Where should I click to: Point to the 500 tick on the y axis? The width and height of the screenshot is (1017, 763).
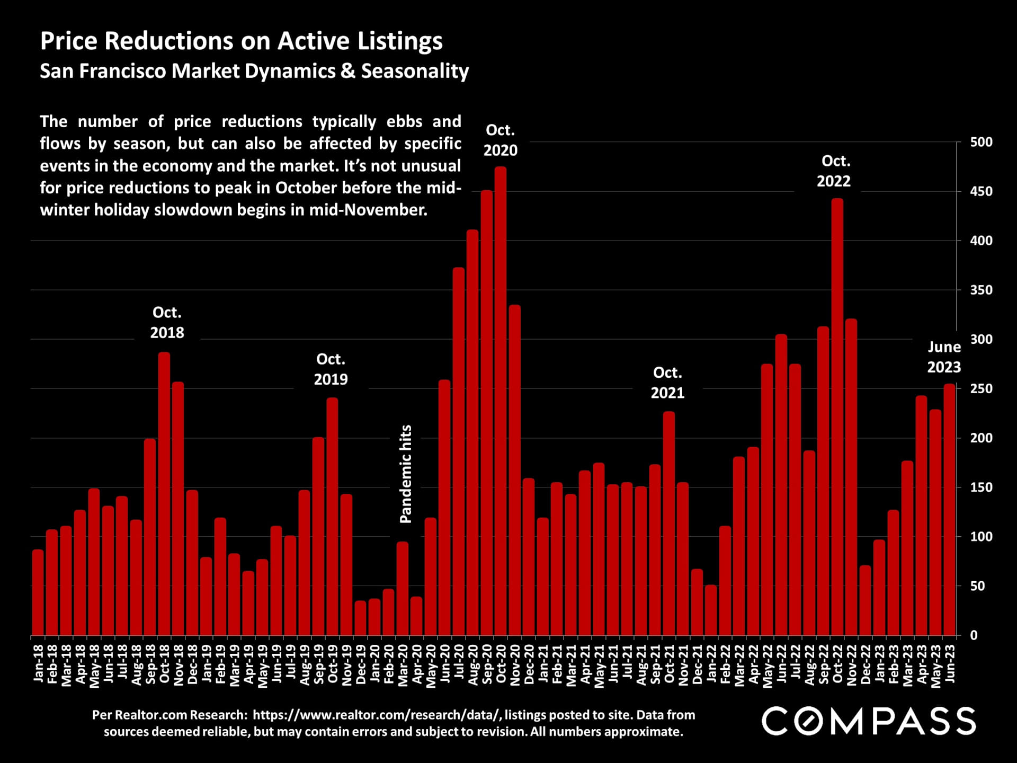point(981,142)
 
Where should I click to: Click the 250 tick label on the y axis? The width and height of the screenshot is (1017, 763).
point(981,389)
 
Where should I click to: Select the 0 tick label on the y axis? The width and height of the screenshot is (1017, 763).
point(974,635)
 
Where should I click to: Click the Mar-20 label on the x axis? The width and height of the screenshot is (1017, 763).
point(403,665)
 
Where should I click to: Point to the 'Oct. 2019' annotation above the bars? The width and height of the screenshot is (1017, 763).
point(331,369)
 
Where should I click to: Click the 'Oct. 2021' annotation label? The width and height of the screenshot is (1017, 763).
point(667,383)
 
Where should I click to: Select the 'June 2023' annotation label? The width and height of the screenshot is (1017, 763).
point(943,357)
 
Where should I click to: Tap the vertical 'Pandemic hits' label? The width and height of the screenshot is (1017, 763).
point(406,474)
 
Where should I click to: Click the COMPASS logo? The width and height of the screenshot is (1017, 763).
point(869,722)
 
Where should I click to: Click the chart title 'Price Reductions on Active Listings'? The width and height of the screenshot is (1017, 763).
point(241,41)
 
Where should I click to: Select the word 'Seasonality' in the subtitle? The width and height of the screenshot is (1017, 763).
point(415,71)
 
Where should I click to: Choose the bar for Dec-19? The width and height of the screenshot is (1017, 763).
point(361,618)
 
